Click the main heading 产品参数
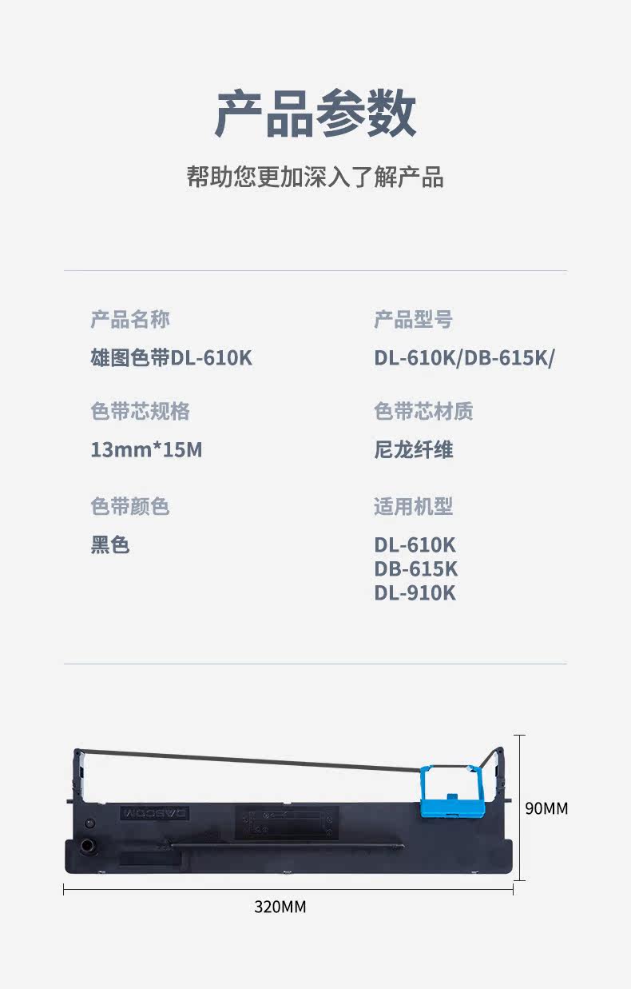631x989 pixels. coord(315,114)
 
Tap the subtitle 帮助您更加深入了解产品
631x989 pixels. coord(315,177)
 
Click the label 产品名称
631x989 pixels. coord(130,320)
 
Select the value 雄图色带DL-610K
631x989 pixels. coord(172,357)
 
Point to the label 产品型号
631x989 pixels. coord(413,320)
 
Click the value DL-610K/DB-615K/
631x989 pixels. coord(464,357)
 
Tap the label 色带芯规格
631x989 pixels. coord(140,411)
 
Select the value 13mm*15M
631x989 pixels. coord(147,449)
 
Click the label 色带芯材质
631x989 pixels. coord(423,411)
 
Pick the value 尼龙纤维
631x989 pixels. coord(414,449)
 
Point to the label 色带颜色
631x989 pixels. coord(130,506)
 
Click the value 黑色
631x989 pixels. coord(110,545)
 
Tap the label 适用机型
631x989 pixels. coord(414,506)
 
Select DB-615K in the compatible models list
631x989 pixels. coord(416,569)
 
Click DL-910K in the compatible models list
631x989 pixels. coord(415,593)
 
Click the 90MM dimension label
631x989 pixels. coord(546,808)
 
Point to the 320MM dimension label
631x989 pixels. coord(280,907)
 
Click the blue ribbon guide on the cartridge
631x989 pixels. coord(452,792)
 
